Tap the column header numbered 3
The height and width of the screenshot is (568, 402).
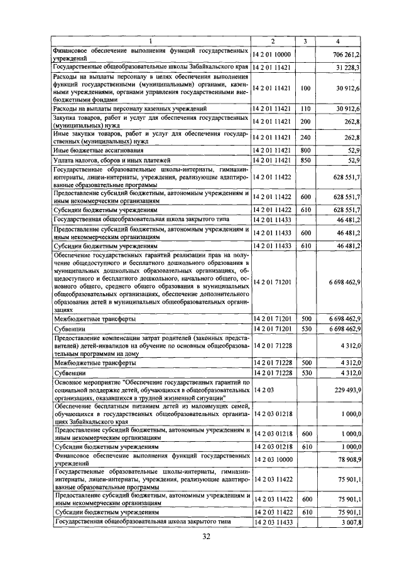(305, 41)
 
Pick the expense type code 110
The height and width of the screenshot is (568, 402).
(305, 109)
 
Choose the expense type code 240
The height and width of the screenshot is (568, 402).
(305, 137)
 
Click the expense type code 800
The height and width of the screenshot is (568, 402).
(305, 150)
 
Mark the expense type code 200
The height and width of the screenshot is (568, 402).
(305, 121)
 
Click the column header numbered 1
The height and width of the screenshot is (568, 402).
(151, 41)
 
